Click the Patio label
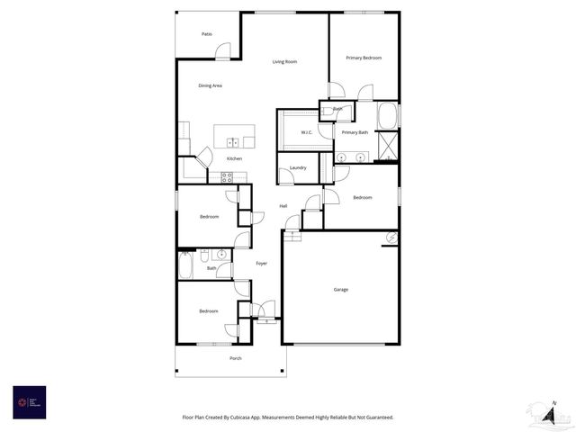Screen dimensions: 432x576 click(x=207, y=34)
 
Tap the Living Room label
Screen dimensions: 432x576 click(x=285, y=62)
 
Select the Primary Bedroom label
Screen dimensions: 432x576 click(x=364, y=58)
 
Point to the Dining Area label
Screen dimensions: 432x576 click(x=211, y=85)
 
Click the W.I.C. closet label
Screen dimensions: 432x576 click(x=307, y=132)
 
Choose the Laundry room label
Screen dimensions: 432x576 click(x=298, y=167)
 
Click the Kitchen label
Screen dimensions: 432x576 click(x=234, y=158)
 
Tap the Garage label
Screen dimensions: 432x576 click(x=341, y=290)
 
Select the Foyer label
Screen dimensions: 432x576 click(x=261, y=264)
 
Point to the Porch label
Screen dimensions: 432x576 click(x=236, y=358)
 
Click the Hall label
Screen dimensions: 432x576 click(x=283, y=206)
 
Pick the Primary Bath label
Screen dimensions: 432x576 click(x=355, y=132)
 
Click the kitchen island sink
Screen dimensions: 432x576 click(x=233, y=142)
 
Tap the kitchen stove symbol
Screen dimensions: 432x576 click(x=227, y=176)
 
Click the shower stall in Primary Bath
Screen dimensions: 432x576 click(x=388, y=145)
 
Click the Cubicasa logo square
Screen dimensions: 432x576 click(x=29, y=402)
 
